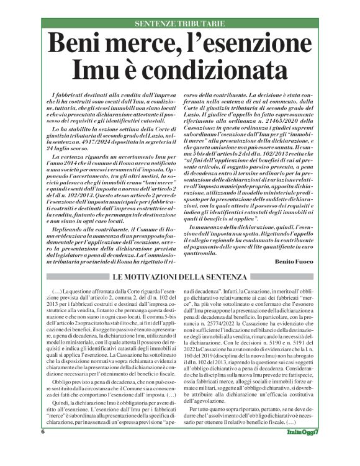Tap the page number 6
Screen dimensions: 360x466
pyautogui.click(x=43, y=449)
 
